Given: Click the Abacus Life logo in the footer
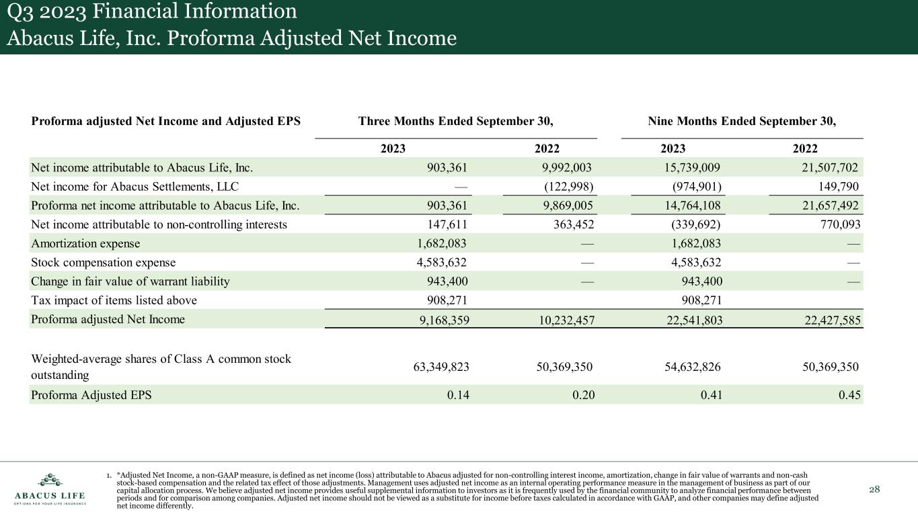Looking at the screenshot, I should pyautogui.click(x=50, y=490).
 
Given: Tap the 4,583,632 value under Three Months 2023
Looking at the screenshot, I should pyautogui.click(x=440, y=263).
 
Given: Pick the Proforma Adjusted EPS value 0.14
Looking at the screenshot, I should pyautogui.click(x=458, y=395).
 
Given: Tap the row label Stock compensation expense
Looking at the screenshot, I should pyautogui.click(x=103, y=263).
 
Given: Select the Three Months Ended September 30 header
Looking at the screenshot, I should pyautogui.click(x=455, y=122).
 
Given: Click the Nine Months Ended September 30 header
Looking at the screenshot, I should pyautogui.click(x=742, y=122).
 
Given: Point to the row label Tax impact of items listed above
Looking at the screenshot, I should pyautogui.click(x=114, y=300).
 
